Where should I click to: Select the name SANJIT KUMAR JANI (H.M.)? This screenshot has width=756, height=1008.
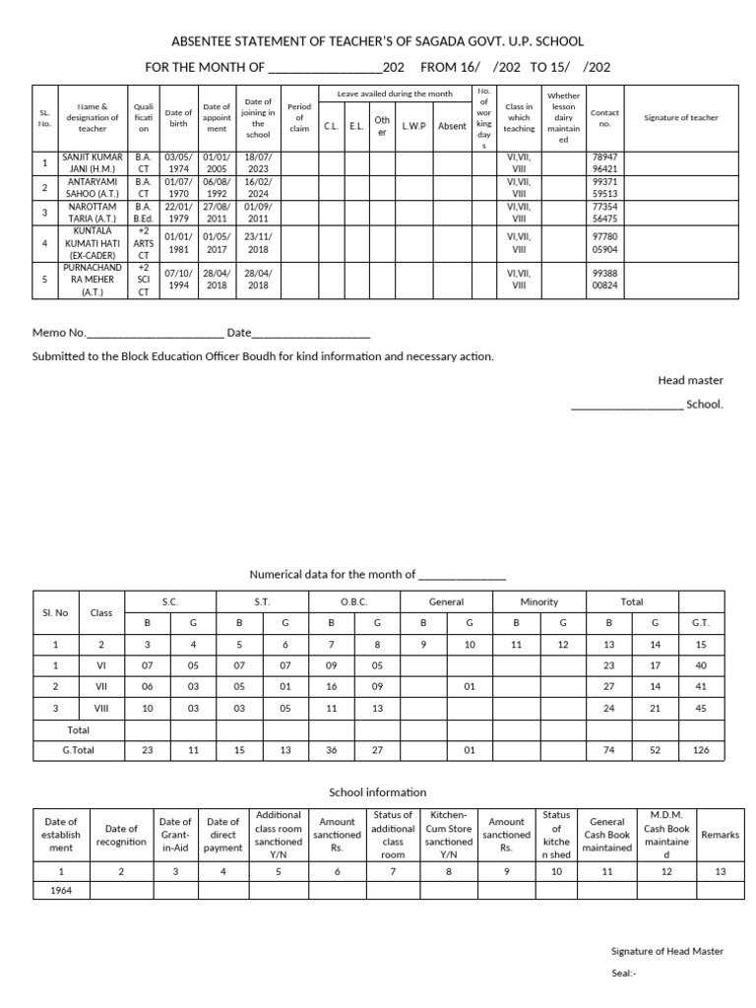click(93, 162)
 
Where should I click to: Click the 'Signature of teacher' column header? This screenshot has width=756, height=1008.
click(680, 117)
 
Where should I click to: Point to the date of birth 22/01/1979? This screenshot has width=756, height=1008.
click(178, 212)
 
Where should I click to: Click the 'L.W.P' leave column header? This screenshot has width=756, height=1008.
click(412, 126)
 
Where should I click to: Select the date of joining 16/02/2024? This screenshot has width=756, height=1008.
click(257, 187)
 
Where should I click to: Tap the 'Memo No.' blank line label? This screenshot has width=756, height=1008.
click(60, 333)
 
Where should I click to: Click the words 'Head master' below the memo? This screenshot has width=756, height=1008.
click(690, 380)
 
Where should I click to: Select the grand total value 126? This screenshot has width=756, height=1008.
click(701, 750)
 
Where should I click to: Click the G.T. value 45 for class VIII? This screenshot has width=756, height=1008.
click(701, 708)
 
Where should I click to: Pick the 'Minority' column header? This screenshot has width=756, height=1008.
click(538, 601)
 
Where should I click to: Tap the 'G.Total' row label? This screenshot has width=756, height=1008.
click(79, 750)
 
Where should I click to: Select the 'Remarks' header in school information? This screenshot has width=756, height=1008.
click(720, 835)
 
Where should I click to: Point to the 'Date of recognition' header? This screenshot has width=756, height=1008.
click(121, 835)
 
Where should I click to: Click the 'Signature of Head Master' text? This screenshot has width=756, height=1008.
click(666, 951)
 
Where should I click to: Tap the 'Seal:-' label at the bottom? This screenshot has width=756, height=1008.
click(624, 973)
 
